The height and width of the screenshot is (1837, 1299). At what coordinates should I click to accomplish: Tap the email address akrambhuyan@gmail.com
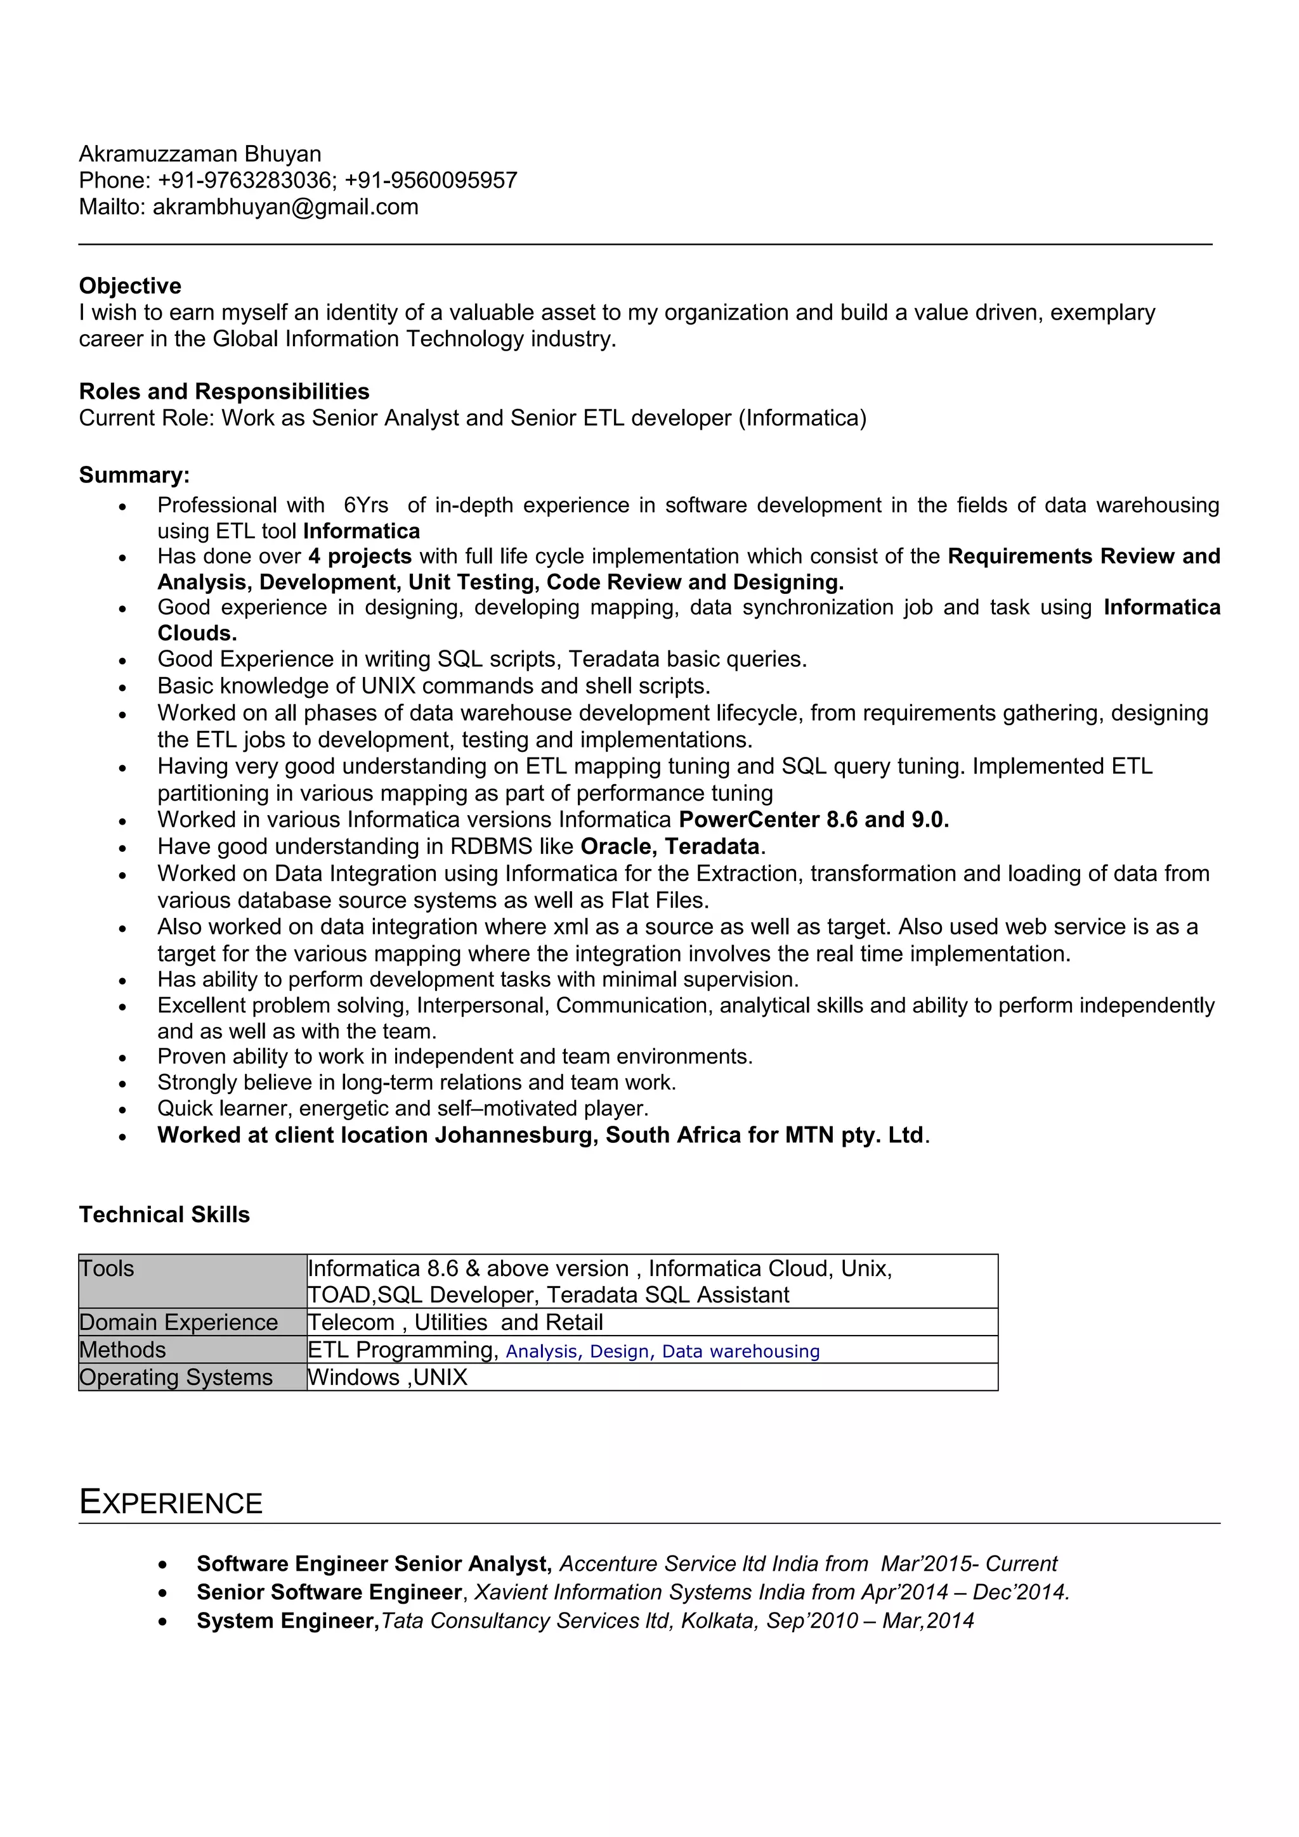(x=285, y=207)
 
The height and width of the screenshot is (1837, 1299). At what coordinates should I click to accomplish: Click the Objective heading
(x=129, y=286)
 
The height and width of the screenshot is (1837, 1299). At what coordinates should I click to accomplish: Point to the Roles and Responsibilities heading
(x=224, y=391)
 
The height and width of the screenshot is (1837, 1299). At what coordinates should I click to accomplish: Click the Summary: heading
(x=134, y=475)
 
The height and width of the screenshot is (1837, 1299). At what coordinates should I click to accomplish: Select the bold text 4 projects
(x=360, y=556)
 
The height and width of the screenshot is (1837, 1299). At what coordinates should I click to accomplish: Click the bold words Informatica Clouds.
(x=1161, y=607)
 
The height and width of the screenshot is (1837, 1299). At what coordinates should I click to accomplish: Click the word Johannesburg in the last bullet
(x=516, y=1135)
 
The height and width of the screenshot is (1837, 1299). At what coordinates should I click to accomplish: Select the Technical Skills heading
(x=164, y=1215)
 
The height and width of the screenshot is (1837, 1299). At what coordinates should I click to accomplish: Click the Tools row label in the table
(x=107, y=1269)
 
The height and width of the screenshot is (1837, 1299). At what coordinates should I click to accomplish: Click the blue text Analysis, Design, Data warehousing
(x=662, y=1351)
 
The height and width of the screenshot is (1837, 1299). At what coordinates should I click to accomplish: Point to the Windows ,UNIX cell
(x=388, y=1378)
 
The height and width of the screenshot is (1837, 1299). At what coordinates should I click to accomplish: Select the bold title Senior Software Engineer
(x=329, y=1592)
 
